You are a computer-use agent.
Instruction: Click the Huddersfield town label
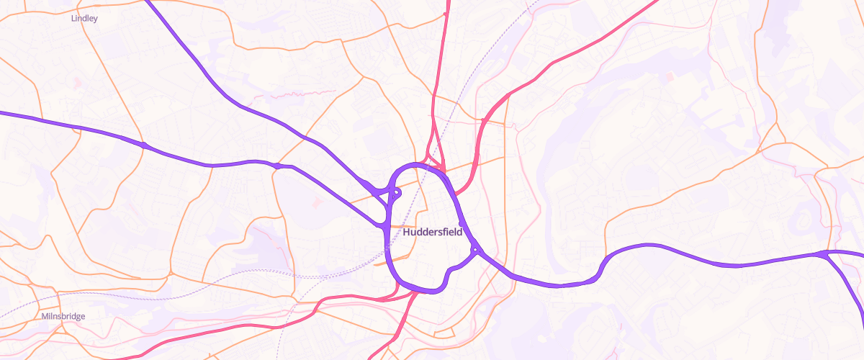pos(433,233)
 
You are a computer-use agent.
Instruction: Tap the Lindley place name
pos(85,18)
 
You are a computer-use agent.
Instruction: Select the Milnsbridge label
pos(63,316)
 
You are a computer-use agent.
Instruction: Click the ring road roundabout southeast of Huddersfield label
pos(475,250)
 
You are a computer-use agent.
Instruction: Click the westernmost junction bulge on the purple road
pos(145,145)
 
